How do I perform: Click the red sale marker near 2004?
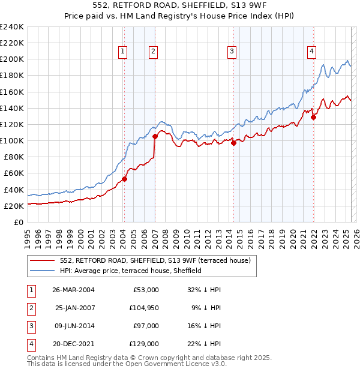(x=124, y=179)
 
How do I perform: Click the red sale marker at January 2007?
(x=155, y=136)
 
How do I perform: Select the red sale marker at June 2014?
(x=233, y=143)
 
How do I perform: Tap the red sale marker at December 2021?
(x=313, y=117)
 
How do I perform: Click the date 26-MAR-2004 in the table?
(x=73, y=290)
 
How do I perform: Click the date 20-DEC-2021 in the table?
(x=73, y=344)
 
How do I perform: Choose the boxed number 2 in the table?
(x=30, y=308)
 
